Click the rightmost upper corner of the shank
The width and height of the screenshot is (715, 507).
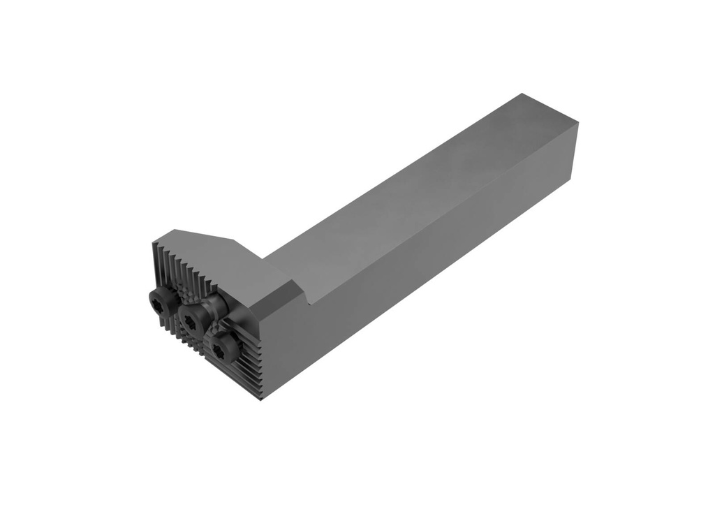point(577,123)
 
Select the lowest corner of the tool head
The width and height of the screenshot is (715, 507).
point(263,399)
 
